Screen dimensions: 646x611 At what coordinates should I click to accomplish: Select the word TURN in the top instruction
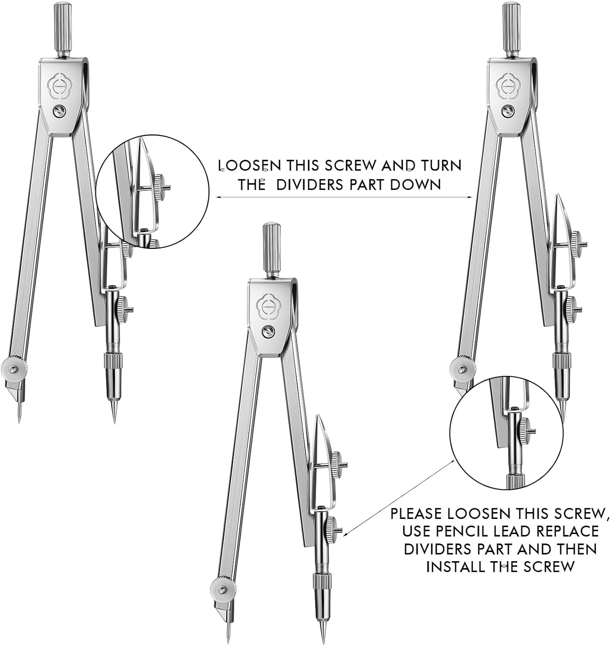point(441,166)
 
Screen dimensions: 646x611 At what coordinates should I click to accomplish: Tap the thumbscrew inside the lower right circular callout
point(524,430)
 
